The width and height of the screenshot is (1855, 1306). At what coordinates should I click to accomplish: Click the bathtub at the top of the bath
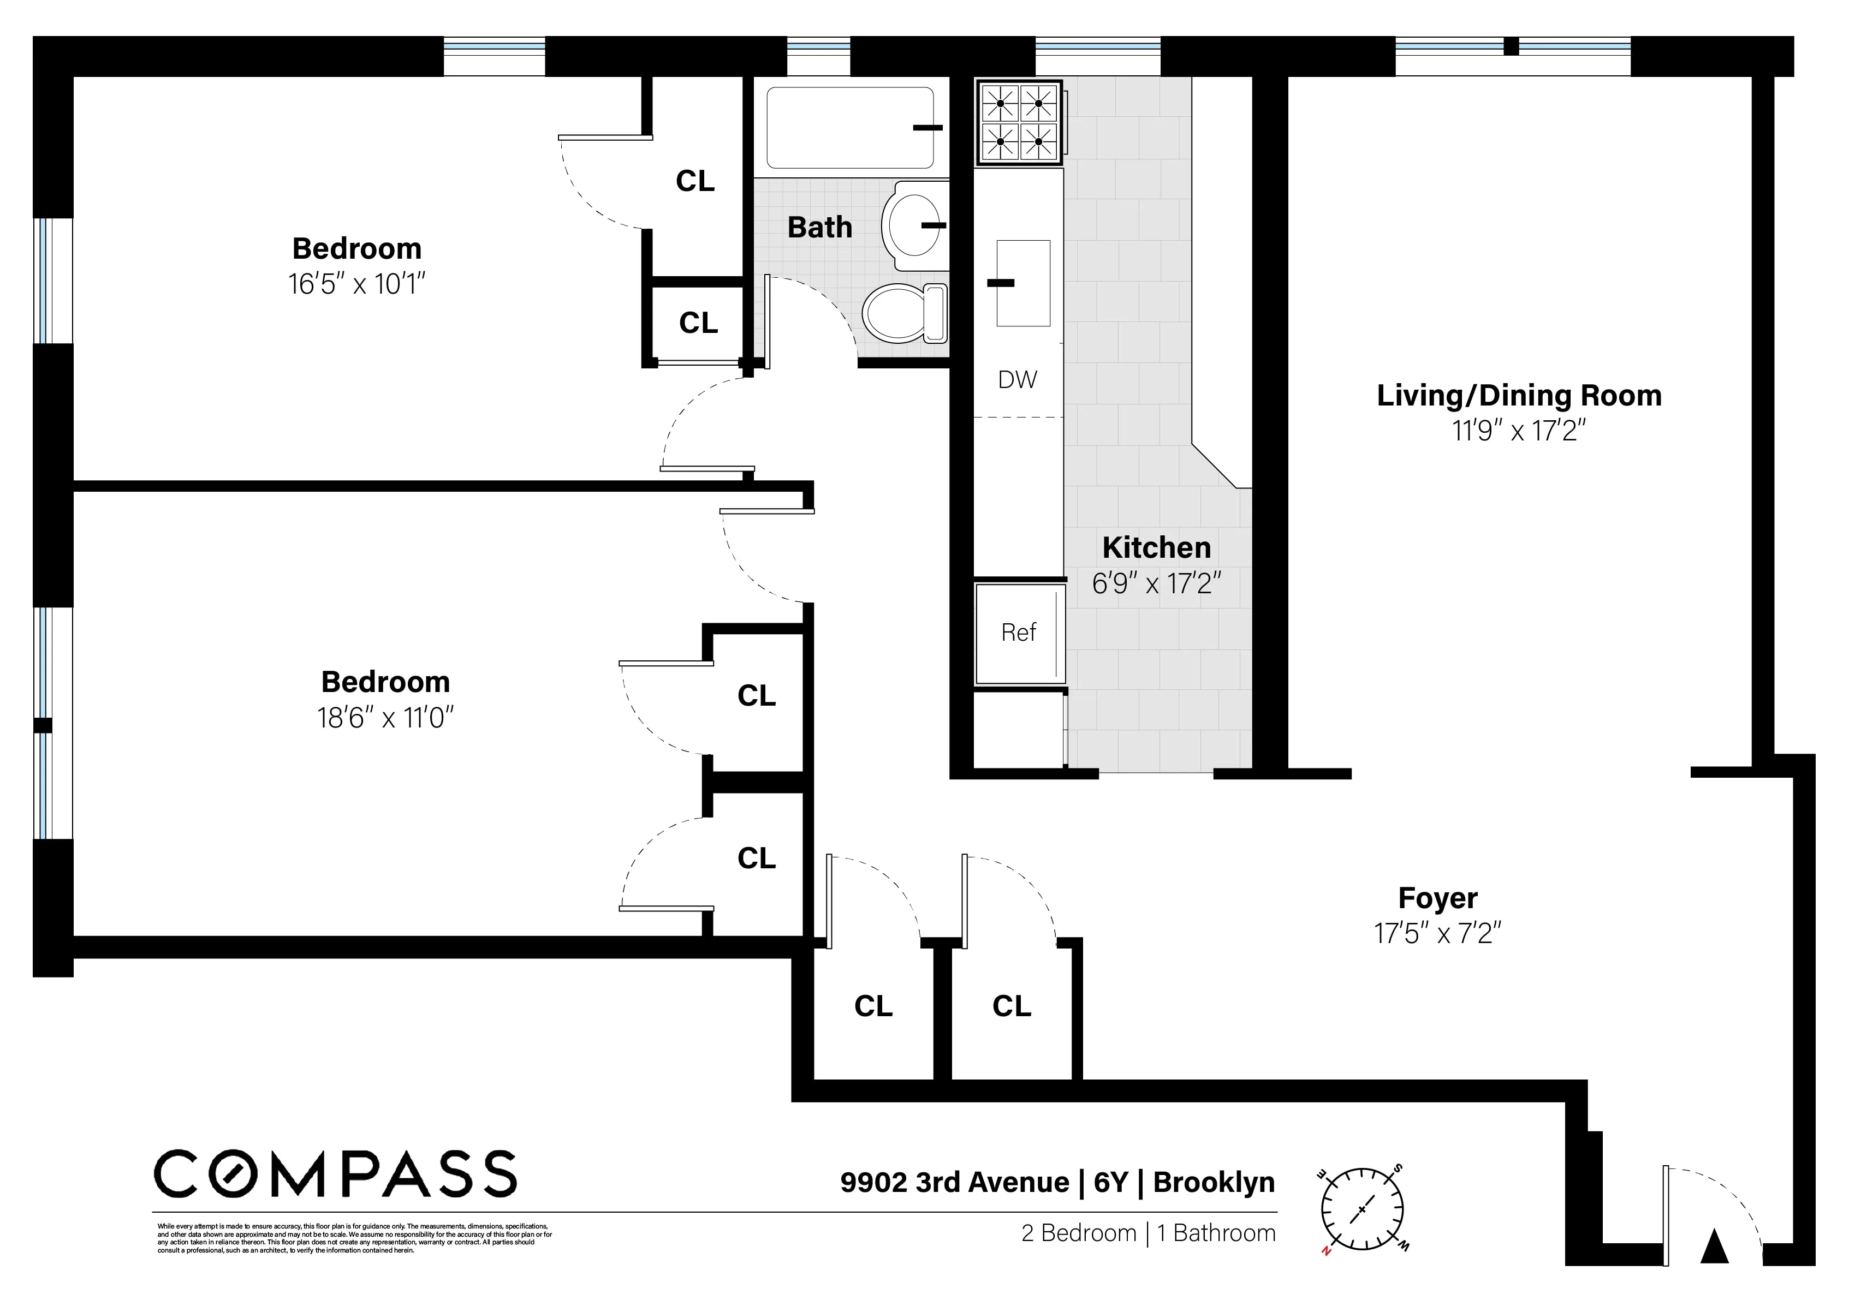point(850,128)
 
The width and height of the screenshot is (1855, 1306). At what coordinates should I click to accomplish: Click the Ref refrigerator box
point(1019,633)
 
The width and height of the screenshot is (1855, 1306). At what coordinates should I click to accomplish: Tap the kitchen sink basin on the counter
point(1023,283)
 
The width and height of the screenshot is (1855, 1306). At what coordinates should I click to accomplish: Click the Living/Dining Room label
point(1519,396)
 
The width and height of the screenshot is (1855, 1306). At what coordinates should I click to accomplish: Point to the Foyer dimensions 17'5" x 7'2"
point(1437,934)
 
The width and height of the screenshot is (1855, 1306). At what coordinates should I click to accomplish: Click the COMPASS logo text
point(335,1174)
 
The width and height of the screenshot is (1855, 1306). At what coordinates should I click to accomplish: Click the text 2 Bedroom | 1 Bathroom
point(1148,1233)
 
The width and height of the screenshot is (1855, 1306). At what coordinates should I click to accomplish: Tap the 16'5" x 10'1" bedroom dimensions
point(356,284)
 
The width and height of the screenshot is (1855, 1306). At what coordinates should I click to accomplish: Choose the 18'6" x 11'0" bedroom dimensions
point(385,717)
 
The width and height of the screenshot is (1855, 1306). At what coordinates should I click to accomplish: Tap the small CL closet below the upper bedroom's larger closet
point(698,323)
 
